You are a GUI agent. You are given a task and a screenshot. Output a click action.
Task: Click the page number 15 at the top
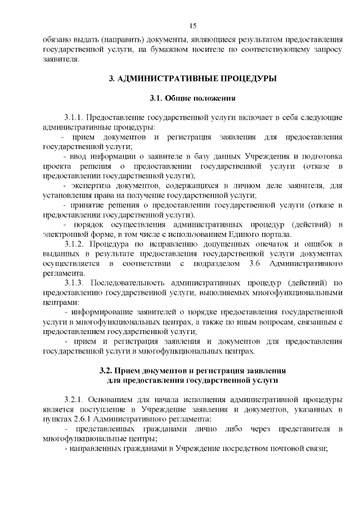click(x=192, y=26)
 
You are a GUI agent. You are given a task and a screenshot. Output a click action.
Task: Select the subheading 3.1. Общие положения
click(x=192, y=98)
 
